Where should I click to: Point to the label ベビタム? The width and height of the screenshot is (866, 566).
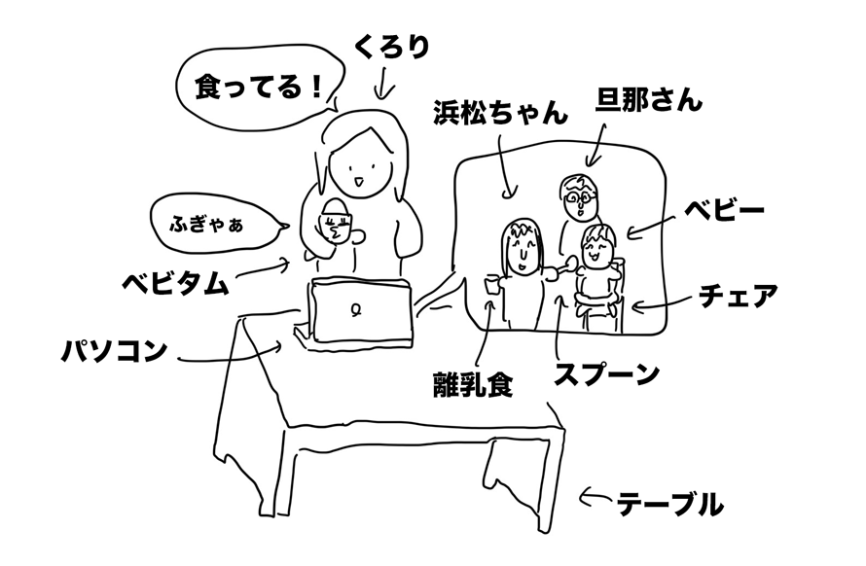tap(175, 283)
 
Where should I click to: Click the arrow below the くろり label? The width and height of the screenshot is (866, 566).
tap(381, 88)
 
